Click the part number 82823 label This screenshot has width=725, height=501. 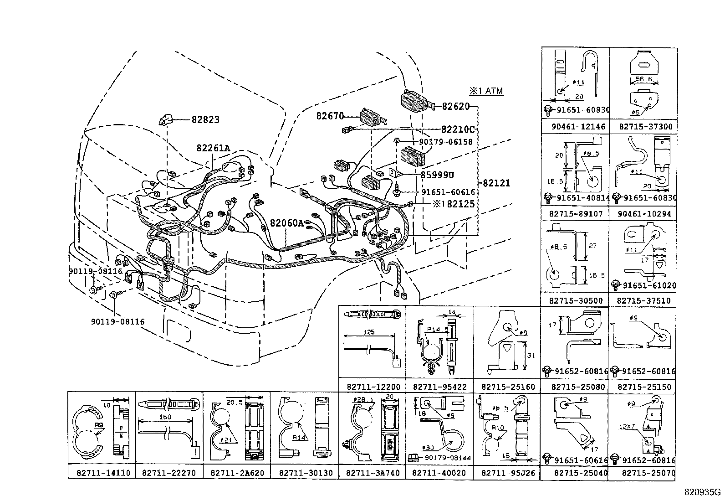point(205,119)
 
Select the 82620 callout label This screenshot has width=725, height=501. point(455,107)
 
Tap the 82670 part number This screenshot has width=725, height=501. point(330,117)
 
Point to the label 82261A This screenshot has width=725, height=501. point(213,148)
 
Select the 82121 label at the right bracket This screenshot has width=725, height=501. point(496,183)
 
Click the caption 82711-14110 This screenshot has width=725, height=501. point(101,473)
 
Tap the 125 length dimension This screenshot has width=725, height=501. point(370,332)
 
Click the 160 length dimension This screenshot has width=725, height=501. point(165,417)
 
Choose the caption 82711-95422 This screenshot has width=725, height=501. point(439,387)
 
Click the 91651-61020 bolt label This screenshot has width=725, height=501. point(649,285)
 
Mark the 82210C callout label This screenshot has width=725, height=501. point(458,129)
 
